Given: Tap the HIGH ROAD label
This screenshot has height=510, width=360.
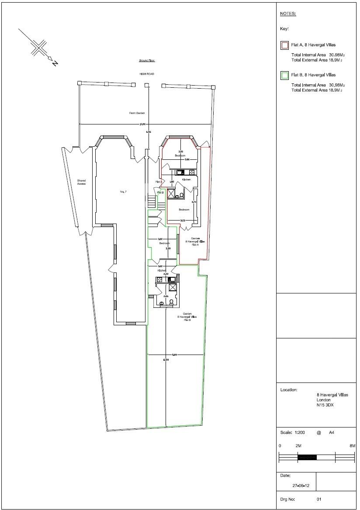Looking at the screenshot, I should click(x=147, y=74).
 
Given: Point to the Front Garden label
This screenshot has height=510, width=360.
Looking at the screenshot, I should click(x=137, y=113).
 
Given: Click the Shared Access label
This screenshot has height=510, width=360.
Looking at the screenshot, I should click(x=82, y=182).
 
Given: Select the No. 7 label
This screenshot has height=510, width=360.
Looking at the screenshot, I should click(x=123, y=192).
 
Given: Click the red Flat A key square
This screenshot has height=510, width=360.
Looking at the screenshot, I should click(x=284, y=45).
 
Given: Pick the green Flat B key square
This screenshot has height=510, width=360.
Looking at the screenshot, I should click(x=284, y=75).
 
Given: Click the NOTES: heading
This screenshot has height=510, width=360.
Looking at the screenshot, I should click(x=288, y=14).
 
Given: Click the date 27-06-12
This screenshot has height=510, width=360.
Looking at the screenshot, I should click(x=301, y=485).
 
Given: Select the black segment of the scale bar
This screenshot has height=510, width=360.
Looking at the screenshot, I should click(x=307, y=457).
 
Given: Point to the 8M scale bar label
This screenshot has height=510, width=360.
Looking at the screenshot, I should click(x=352, y=446).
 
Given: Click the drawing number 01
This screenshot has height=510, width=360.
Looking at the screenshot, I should click(x=319, y=498).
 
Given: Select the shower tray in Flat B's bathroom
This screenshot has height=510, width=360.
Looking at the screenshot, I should click(x=173, y=288).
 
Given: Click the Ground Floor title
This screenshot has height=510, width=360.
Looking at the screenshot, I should click(x=147, y=60).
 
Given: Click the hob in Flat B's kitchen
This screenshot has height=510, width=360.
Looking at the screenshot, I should click(x=159, y=279).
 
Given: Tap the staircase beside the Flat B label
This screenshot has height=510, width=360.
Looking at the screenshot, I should click(x=152, y=201).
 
